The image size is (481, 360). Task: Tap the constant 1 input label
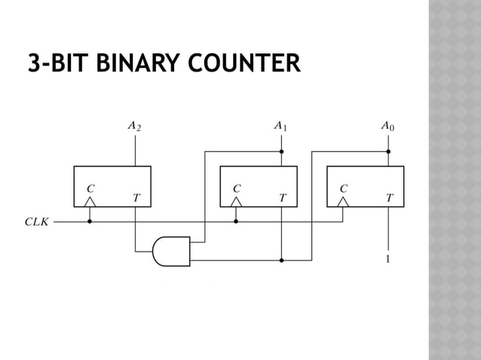point(388,260)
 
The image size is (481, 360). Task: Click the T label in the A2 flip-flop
point(136,198)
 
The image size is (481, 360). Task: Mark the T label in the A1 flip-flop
point(281,198)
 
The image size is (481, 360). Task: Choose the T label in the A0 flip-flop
point(388,198)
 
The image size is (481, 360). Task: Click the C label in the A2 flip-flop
point(90,188)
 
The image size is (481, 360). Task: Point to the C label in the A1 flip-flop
point(236,188)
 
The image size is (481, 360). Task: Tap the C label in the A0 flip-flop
point(343,188)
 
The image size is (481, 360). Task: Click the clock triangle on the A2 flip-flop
point(90,202)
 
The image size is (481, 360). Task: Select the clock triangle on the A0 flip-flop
point(343,202)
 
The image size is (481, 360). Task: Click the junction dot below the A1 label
point(280,151)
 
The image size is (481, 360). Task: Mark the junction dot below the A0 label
point(388,151)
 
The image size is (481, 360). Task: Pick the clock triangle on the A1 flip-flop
point(236,202)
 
